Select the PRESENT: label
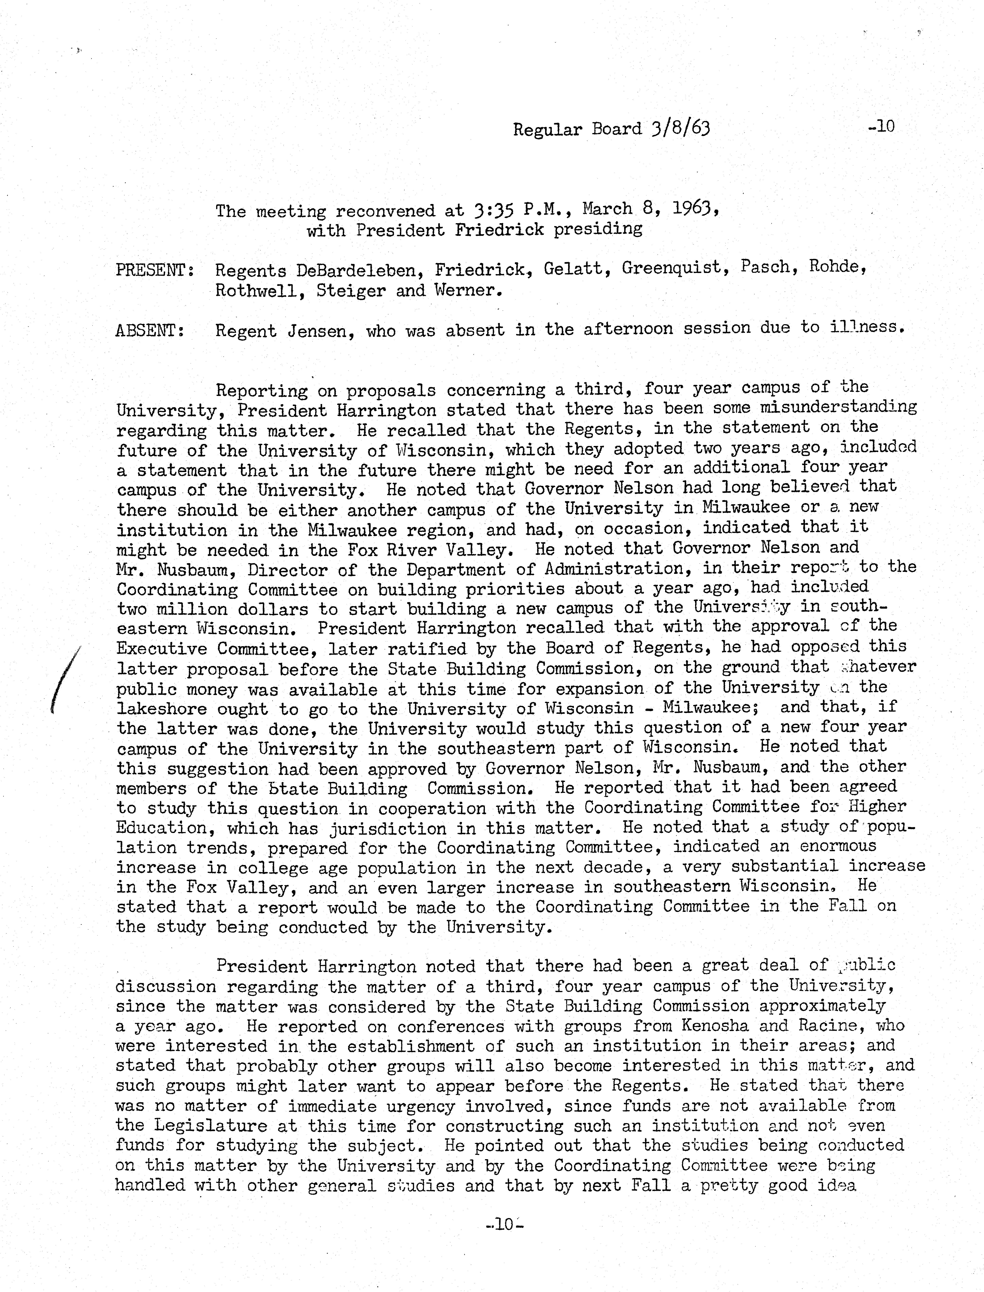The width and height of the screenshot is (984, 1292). (155, 270)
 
